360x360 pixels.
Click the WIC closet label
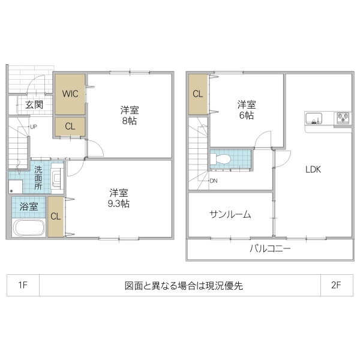pos(70,94)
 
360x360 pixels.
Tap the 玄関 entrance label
pos(34,104)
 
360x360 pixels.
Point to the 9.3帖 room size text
pos(119,203)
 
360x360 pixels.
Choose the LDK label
pos(313,170)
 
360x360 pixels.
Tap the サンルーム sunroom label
pos(230,214)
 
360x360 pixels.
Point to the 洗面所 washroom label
pos(38,178)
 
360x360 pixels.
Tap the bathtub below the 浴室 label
pos(28,228)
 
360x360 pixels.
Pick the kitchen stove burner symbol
pos(343,116)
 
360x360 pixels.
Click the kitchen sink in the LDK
pos(315,116)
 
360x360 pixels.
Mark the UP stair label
pos(34,127)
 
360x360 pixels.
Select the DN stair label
pos(214,181)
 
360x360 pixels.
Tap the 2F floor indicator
pos(335,285)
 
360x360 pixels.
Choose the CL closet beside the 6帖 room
pos(197,94)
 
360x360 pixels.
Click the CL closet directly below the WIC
pos(70,127)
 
